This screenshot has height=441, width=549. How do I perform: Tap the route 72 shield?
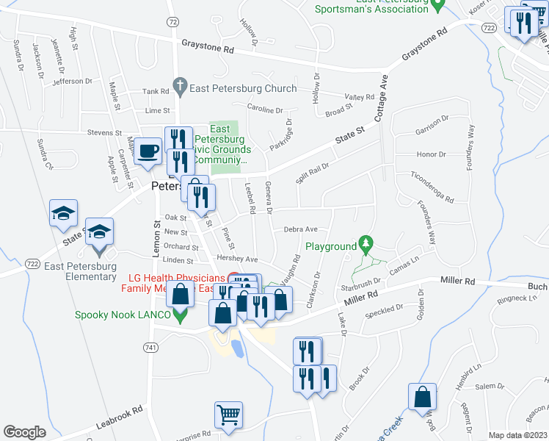coord(172,22)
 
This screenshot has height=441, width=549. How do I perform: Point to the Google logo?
coord(24,432)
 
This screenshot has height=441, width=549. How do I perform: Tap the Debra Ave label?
coord(300,229)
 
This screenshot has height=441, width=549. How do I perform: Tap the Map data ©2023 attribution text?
coord(518,435)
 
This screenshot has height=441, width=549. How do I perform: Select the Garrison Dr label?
coord(432,123)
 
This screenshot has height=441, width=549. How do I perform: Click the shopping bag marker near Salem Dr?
coord(423,397)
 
